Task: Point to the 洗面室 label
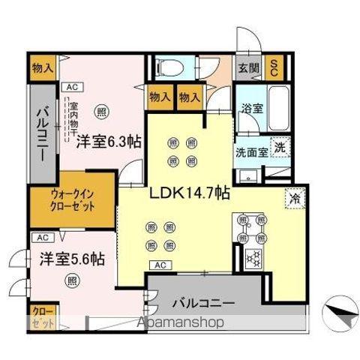point(250,150)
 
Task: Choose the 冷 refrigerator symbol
point(294,199)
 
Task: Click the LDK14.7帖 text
point(190,191)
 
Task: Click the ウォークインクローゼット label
point(73,200)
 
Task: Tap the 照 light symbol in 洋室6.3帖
point(100,111)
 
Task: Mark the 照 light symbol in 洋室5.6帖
point(72,281)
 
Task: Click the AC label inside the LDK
point(159,265)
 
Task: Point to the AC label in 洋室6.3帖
point(71,86)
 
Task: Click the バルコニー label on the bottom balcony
point(205,304)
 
